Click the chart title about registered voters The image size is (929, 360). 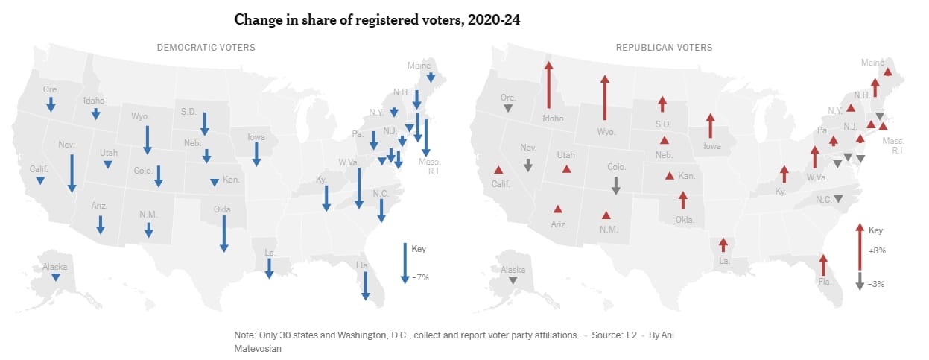pos(376,20)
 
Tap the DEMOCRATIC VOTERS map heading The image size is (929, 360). pos(206,48)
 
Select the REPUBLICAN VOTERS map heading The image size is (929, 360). pos(663,48)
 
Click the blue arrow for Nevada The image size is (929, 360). pos(72,173)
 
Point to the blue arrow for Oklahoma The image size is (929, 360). pos(223,233)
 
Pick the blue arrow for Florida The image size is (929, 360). pos(366,285)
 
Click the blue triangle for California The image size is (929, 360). pos(40,180)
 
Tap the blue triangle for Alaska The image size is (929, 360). pos(55,277)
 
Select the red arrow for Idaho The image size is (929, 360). pos(548,86)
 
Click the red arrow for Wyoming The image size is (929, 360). pos(604,97)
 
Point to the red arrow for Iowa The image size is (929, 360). pos(710,126)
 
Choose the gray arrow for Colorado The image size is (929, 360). pos(615,186)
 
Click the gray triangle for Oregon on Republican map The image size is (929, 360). pos(507,109)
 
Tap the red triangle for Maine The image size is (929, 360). pos(887,72)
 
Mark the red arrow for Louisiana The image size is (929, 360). pos(723,245)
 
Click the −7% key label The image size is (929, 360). pos(420,277)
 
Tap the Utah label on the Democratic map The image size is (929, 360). pos(109,152)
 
